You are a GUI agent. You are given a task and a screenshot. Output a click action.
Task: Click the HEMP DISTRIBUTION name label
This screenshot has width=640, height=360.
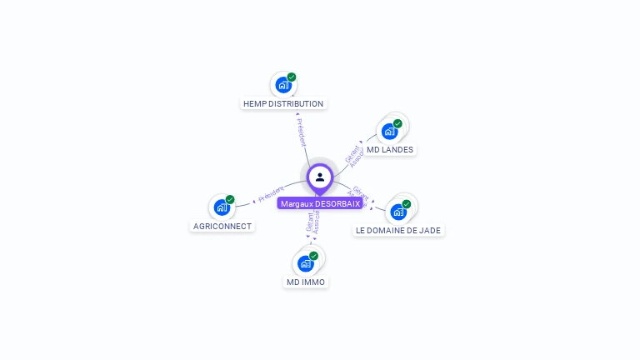(283, 104)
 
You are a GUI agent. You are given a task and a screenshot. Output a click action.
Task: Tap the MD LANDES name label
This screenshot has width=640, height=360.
(390, 150)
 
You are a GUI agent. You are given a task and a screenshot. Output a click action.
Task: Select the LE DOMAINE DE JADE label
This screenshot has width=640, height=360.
(398, 230)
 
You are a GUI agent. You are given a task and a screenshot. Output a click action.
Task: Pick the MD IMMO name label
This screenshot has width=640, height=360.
(306, 282)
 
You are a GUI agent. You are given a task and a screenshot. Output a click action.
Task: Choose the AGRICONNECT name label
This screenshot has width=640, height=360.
(222, 226)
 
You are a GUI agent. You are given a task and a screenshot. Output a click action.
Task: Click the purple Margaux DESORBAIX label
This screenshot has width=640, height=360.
(320, 203)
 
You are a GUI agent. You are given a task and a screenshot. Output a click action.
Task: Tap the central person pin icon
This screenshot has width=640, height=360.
(320, 177)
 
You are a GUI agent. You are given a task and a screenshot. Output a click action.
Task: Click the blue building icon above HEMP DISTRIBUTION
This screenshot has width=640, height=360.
(283, 85)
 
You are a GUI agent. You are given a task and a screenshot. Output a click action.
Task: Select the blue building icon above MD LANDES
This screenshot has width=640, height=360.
(389, 131)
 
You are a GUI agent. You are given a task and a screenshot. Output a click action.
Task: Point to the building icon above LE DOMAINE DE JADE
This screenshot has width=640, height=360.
(398, 212)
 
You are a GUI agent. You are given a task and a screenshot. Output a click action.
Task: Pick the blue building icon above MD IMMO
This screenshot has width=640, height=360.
(306, 263)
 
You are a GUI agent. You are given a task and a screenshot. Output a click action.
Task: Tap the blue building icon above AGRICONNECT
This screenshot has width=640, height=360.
(222, 207)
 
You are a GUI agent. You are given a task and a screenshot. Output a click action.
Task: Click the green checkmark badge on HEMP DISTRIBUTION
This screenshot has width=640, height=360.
(292, 77)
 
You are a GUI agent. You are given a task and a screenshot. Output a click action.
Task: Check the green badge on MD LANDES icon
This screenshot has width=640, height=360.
(397, 123)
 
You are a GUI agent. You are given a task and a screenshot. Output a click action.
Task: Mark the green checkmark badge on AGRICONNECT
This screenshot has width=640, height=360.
(230, 199)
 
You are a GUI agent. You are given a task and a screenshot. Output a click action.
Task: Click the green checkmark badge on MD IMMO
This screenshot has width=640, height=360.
(314, 256)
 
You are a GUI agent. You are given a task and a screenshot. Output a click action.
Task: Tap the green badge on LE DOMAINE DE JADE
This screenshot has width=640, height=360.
(407, 204)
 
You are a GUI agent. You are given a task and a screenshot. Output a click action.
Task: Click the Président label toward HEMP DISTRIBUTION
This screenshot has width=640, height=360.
(302, 131)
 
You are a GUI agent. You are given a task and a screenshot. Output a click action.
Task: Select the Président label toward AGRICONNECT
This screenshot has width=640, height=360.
(271, 194)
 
